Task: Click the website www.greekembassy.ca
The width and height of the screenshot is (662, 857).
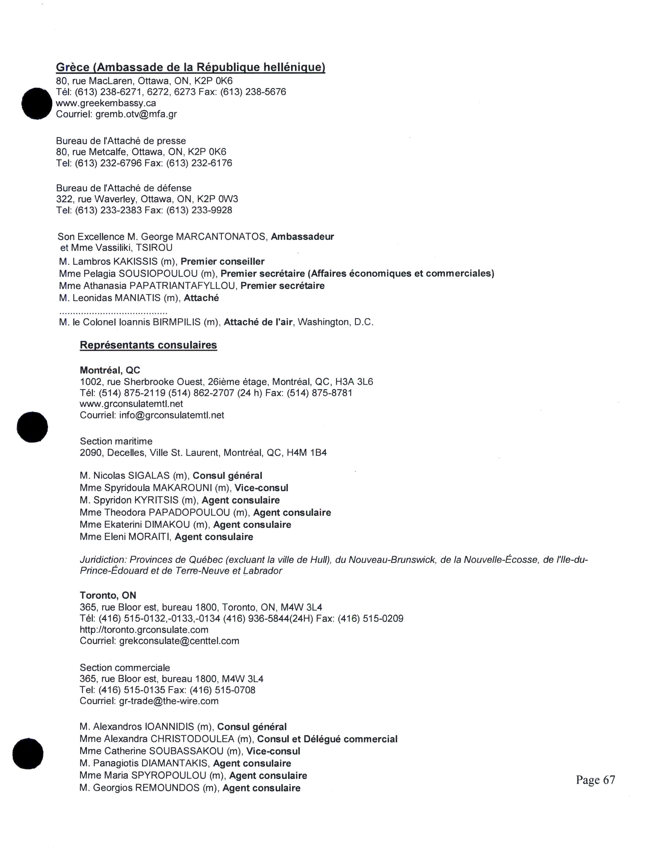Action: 106,103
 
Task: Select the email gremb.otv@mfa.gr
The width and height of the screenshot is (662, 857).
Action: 136,114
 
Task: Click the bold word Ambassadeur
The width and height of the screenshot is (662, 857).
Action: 302,237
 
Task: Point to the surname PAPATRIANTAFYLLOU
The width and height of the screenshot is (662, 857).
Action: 183,286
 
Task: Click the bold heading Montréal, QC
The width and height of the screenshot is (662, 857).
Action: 110,370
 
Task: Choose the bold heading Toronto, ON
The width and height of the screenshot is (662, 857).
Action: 108,595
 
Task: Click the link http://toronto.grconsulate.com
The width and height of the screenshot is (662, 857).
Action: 144,630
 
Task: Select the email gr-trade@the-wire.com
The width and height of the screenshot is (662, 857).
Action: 169,701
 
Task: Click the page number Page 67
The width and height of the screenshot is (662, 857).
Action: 595,780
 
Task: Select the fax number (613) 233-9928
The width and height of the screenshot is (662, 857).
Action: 199,210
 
